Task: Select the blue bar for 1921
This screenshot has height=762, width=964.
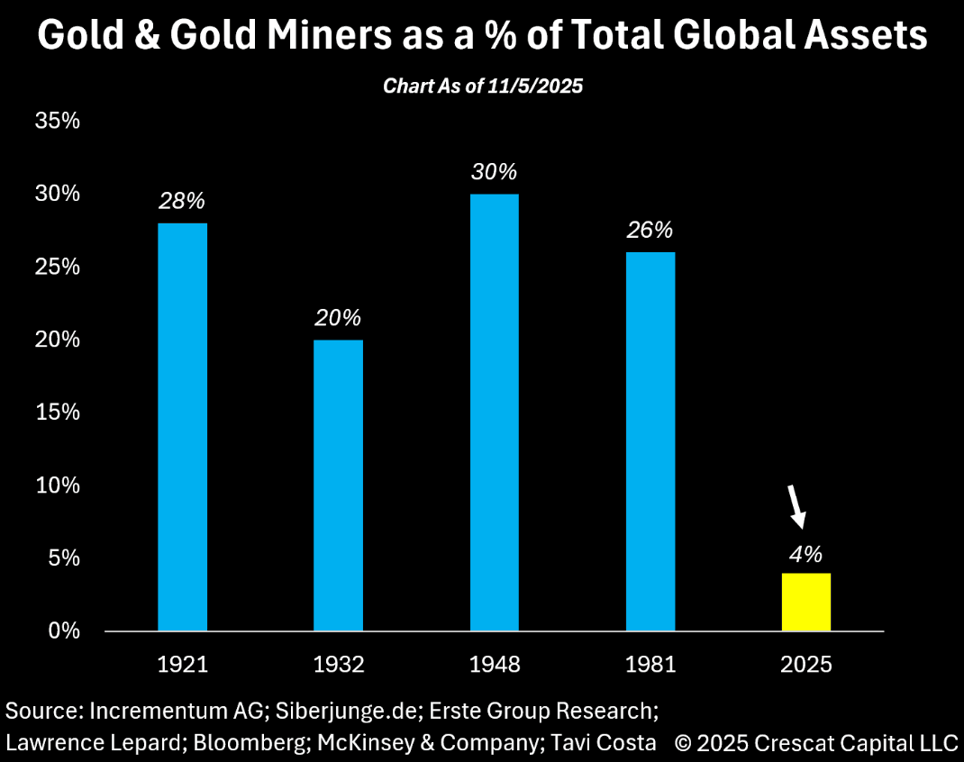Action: [182, 427]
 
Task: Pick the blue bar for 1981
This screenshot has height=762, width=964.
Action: [650, 441]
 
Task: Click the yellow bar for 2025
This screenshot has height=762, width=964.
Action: [805, 601]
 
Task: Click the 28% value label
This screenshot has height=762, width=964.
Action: [182, 201]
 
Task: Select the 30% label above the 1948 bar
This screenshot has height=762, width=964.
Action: [494, 172]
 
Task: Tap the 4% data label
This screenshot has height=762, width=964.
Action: [805, 553]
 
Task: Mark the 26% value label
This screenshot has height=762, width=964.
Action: [650, 230]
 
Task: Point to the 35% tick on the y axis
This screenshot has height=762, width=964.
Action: [58, 121]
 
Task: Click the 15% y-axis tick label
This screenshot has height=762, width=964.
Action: [58, 412]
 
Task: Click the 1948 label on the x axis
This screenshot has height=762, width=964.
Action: [494, 666]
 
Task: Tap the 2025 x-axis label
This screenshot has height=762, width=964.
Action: [805, 666]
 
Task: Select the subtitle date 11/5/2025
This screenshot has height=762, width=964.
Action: [541, 86]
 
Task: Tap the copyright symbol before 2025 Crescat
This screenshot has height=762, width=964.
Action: [684, 743]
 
